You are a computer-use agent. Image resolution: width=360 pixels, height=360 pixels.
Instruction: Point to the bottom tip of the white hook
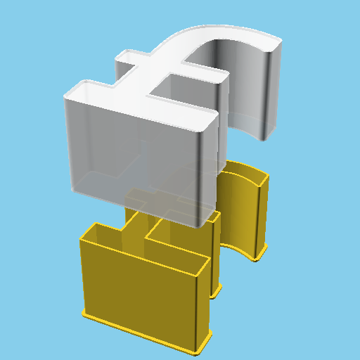pyautogui.click(x=264, y=137)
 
